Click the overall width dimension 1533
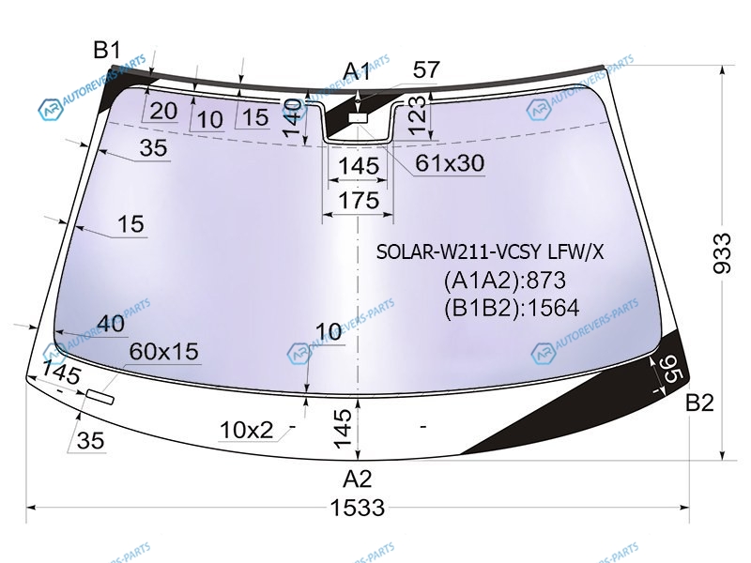358,508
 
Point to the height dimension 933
722,253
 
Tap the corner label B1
107,50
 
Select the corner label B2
699,403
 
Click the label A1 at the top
358,71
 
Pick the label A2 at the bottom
358,479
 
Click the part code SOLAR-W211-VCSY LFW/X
490,251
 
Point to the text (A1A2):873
504,281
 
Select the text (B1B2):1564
512,308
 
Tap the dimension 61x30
450,163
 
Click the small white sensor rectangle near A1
358,118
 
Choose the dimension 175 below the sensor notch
359,201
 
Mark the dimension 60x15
163,351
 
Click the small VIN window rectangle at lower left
100,397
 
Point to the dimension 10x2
246,430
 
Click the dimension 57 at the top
426,69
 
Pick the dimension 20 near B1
163,111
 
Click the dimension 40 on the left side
111,324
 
